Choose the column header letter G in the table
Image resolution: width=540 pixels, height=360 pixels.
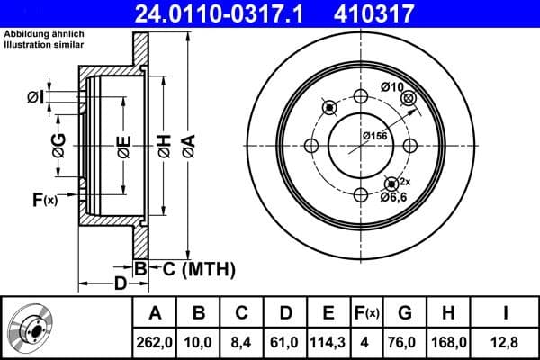(x=405, y=313)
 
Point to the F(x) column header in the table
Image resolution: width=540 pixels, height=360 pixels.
(x=367, y=313)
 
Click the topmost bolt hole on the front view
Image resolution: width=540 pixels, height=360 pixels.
(x=360, y=98)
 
